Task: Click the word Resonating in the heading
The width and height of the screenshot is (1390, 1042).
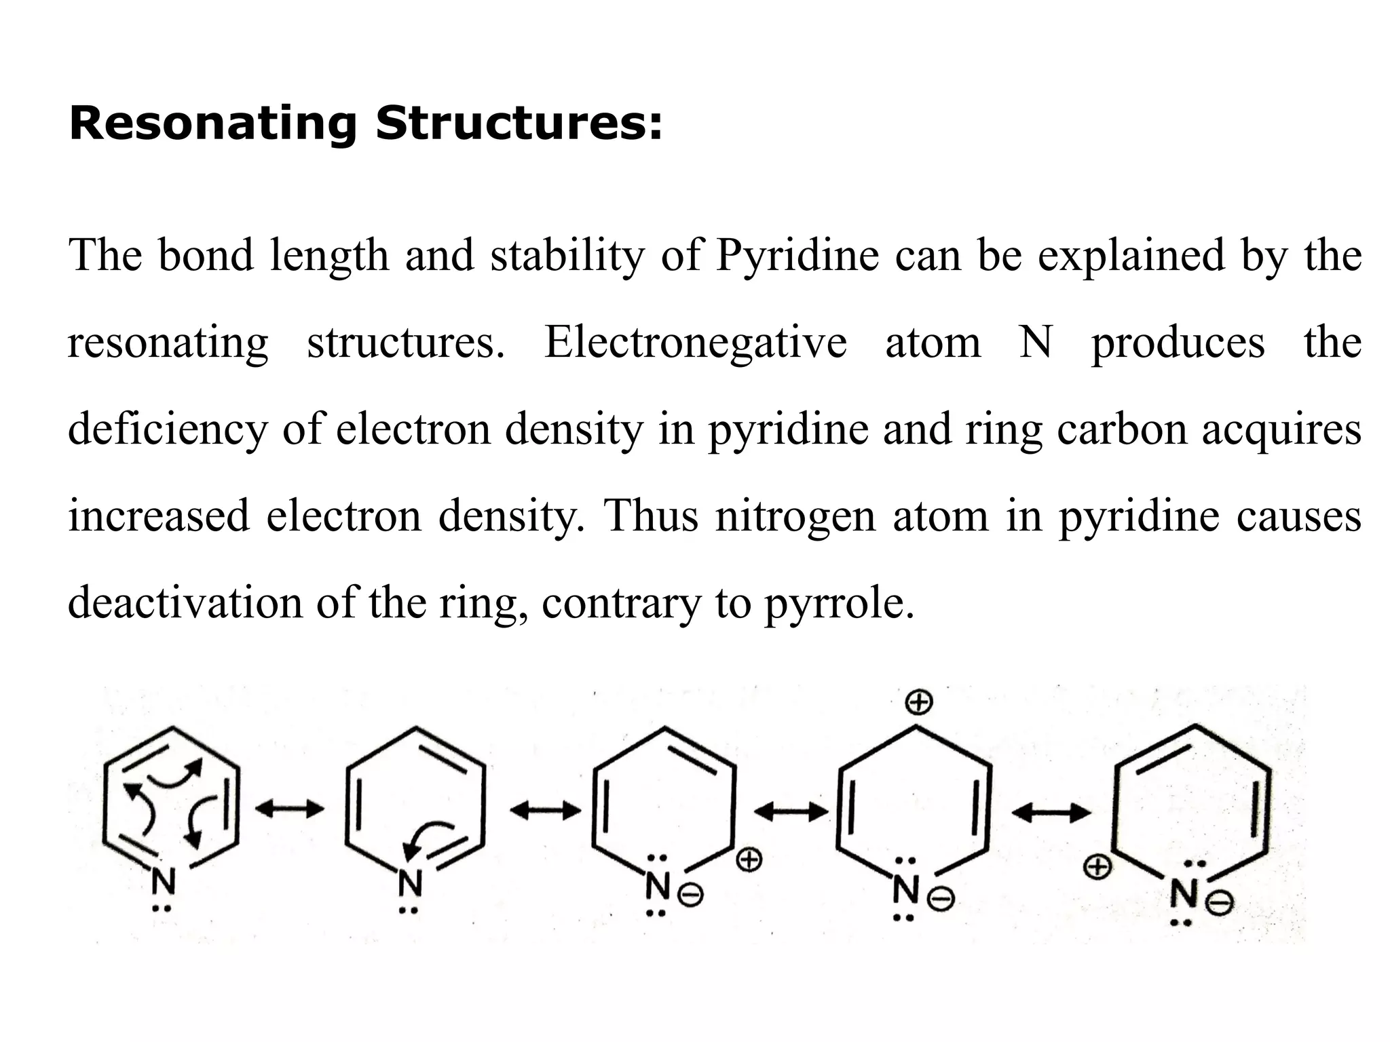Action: tap(212, 126)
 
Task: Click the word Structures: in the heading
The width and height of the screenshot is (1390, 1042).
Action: tap(519, 126)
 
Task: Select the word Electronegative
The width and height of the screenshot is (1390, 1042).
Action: tap(696, 343)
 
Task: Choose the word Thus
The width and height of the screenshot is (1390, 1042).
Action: tap(651, 516)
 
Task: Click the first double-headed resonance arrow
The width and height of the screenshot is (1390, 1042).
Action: tap(290, 809)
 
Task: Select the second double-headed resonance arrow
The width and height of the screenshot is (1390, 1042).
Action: tap(545, 811)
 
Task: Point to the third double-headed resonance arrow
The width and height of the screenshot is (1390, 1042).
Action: tap(791, 811)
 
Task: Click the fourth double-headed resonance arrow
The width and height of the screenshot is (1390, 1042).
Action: tap(1051, 813)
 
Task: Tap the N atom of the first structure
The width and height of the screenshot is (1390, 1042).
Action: tap(163, 882)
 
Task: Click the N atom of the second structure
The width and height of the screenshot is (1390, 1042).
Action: tap(410, 883)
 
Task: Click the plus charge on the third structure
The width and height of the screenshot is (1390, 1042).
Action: tap(749, 861)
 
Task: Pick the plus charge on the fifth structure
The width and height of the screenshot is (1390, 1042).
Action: tap(1098, 867)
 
